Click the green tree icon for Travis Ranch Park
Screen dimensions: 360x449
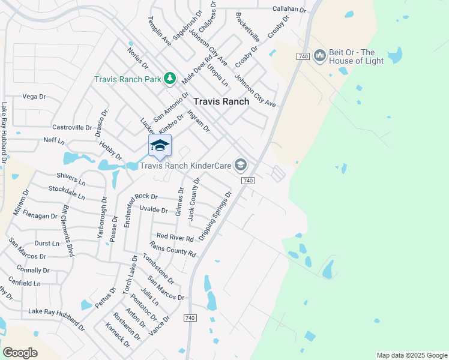170,78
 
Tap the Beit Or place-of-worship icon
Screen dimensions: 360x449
319,56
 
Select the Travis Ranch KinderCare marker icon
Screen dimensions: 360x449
241,164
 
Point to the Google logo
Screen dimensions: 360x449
20,353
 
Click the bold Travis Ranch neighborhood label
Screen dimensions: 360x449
221,101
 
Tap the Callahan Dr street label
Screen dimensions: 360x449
289,9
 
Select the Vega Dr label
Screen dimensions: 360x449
34,96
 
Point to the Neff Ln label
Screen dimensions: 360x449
54,140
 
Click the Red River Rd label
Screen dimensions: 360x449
175,238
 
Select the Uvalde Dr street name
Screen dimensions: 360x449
153,209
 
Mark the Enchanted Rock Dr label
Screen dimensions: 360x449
140,196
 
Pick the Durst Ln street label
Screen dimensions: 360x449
47,244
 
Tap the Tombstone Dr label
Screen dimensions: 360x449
158,268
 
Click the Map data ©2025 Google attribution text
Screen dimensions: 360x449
411,355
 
